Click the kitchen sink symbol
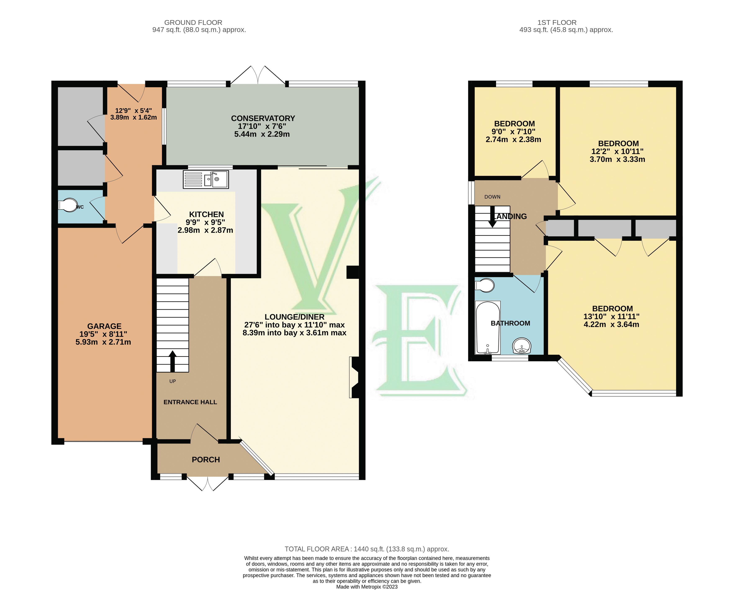tap(206, 179)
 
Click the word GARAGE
tap(104, 326)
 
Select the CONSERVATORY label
tap(263, 118)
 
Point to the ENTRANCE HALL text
tap(190, 402)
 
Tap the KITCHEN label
tap(206, 214)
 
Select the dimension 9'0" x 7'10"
tap(513, 132)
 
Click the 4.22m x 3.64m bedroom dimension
tap(611, 325)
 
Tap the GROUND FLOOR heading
tap(193, 22)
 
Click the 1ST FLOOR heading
tap(557, 22)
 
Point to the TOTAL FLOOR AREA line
tap(367, 549)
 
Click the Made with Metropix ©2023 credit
tap(367, 587)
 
